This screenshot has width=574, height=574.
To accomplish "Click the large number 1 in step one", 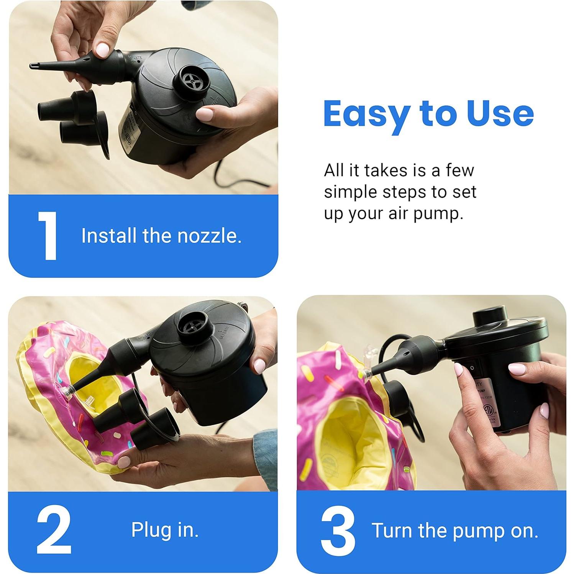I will click(48, 236).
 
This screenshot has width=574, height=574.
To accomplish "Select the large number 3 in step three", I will click(338, 531).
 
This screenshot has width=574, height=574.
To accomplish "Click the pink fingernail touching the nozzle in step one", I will click(102, 50).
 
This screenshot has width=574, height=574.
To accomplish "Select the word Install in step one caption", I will click(109, 236).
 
